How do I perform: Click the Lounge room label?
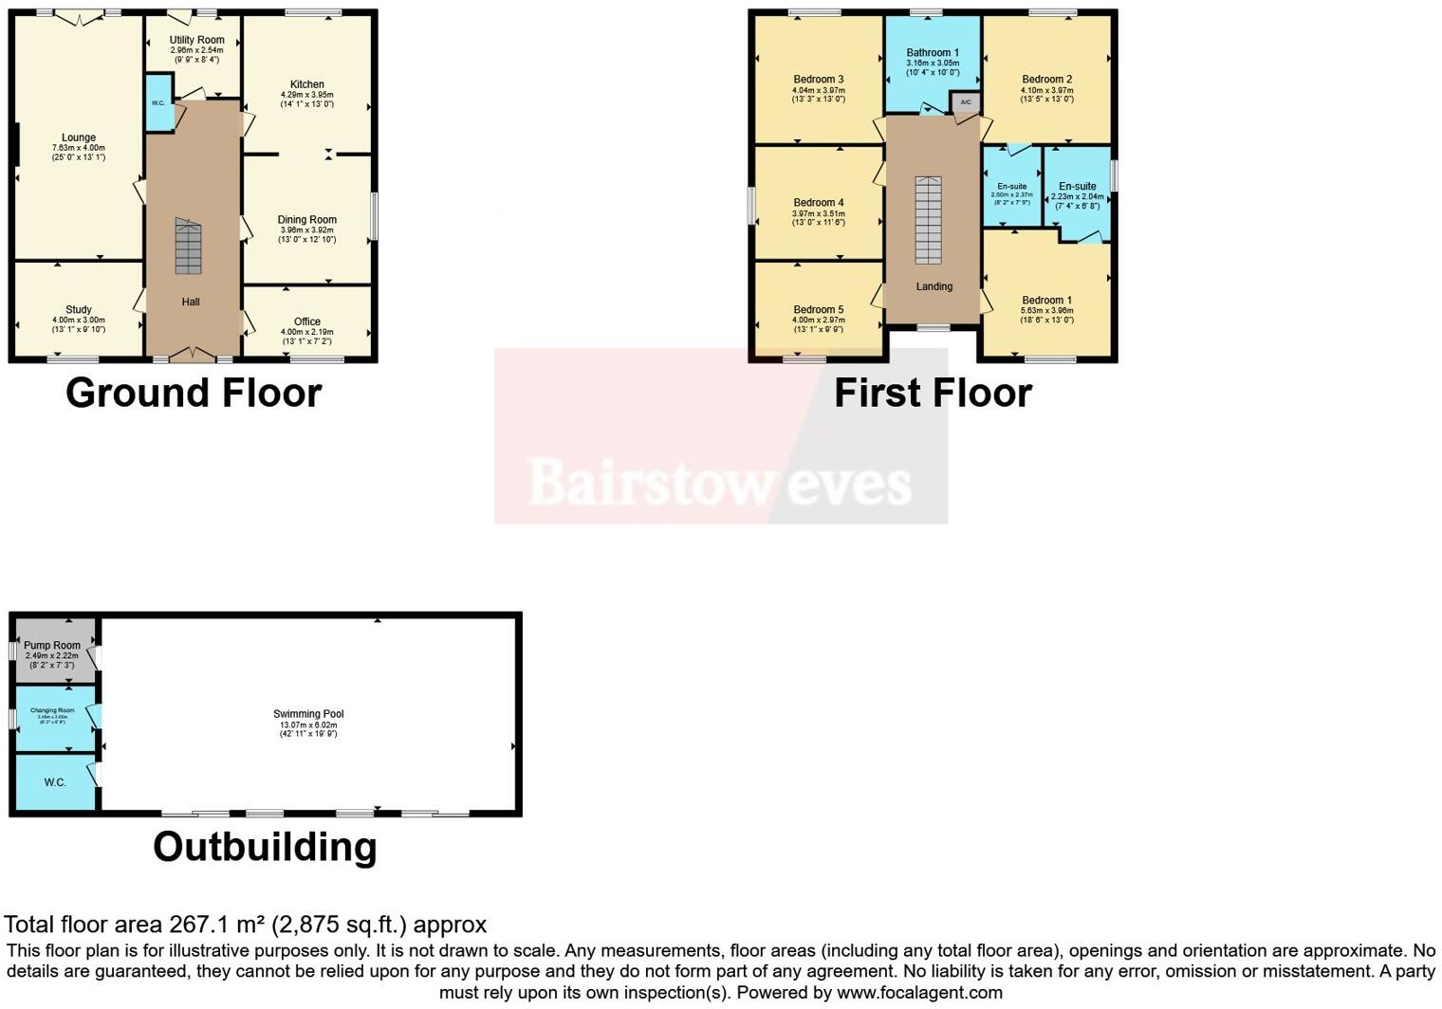[79, 138]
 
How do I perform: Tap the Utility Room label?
[197, 40]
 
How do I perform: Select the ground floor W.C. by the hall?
[158, 103]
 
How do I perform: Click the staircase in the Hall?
[189, 246]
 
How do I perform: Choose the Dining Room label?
[306, 219]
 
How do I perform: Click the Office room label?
[306, 321]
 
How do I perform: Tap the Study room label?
[79, 309]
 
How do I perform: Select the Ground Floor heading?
[194, 393]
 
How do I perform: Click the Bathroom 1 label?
[933, 52]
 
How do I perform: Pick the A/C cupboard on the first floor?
[966, 102]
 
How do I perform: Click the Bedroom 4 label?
[818, 202]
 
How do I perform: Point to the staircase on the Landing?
[928, 220]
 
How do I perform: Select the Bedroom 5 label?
[818, 309]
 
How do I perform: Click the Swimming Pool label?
[308, 714]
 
